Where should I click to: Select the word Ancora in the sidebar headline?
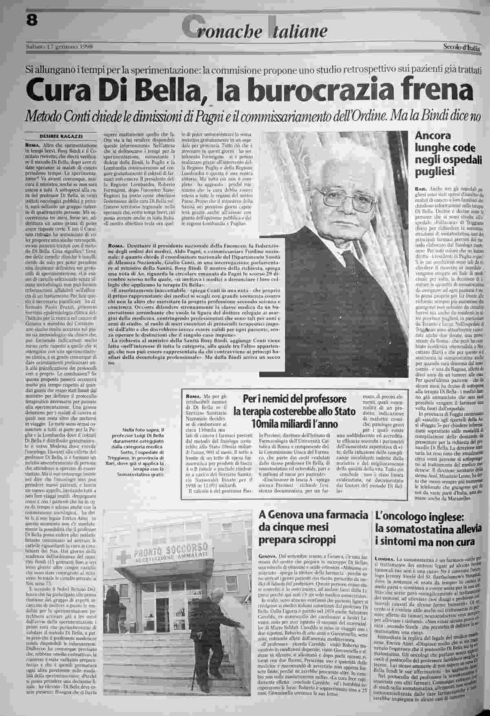[433, 136]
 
